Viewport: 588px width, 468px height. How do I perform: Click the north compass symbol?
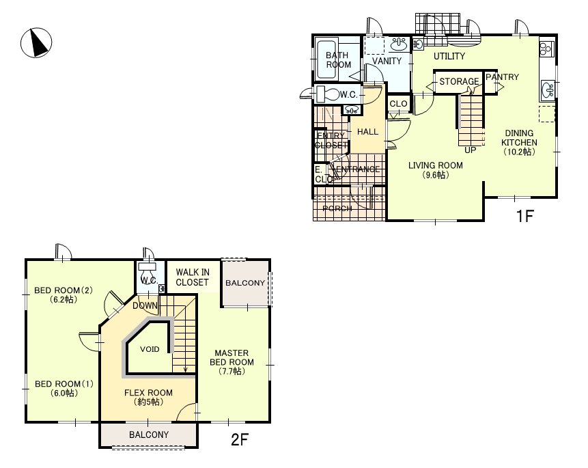[x=36, y=43]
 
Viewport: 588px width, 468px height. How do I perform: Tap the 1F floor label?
[x=524, y=216]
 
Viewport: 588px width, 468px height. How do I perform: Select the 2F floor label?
[x=240, y=439]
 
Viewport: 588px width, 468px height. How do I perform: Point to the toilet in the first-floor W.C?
[x=327, y=94]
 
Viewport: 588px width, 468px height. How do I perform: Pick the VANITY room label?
[x=387, y=61]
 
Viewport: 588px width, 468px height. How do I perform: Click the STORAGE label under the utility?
[x=459, y=81]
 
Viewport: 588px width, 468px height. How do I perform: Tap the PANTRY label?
[x=502, y=77]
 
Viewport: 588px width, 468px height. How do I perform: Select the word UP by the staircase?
[x=471, y=150]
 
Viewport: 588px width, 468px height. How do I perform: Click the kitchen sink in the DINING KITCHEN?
[x=547, y=90]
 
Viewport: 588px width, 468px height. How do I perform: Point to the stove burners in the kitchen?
[x=546, y=48]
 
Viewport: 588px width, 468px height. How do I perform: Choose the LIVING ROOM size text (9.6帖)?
[x=436, y=176]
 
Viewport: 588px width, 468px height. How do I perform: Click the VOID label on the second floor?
[x=150, y=349]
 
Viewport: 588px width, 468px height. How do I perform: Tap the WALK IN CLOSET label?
[x=193, y=277]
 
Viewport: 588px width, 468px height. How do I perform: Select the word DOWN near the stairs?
[x=145, y=305]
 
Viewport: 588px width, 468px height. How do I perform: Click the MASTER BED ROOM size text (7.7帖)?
[x=232, y=372]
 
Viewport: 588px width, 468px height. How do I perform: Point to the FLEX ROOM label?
[x=148, y=393]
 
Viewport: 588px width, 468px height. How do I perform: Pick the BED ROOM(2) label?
[x=64, y=290]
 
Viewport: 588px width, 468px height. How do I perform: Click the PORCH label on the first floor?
[x=337, y=208]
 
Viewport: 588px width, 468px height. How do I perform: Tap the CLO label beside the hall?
[x=398, y=104]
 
